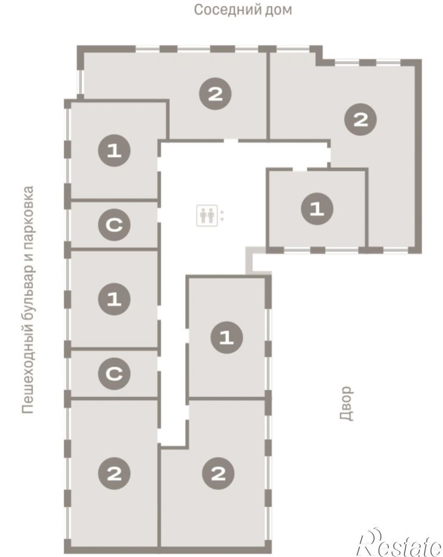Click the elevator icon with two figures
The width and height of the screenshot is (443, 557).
pos(207,215)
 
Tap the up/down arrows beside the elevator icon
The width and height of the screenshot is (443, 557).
pos(222,216)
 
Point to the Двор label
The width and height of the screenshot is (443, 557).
pos(347,404)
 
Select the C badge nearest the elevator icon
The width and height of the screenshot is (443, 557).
pos(114,224)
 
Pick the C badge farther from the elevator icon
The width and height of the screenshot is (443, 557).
pos(114,374)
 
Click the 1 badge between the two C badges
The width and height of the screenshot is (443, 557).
pos(114,299)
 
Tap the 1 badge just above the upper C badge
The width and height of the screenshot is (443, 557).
pos(114,150)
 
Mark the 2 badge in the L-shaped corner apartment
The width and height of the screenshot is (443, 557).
pos(361,120)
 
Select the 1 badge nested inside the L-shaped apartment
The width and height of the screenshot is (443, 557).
pos(317,209)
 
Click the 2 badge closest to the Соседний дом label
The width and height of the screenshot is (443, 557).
pos(216,94)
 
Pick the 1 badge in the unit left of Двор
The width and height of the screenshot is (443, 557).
pos(227,338)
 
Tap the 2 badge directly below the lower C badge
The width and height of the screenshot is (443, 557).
pos(114,473)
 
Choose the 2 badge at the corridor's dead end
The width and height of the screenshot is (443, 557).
pos(218,473)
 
